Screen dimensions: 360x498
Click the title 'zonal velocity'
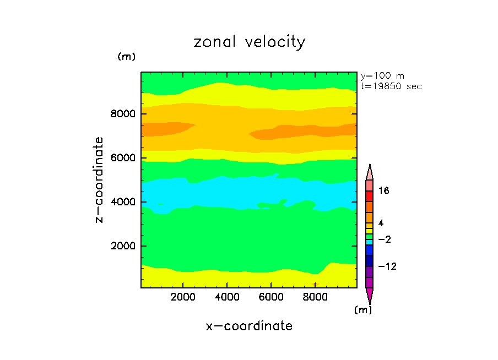point(249,42)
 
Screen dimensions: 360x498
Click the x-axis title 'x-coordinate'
point(249,326)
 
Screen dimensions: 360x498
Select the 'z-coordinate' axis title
point(100,180)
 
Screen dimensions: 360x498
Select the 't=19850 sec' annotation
point(391,86)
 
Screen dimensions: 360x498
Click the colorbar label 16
point(383,190)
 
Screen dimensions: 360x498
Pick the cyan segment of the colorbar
point(369,241)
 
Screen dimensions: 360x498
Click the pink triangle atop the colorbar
point(369,172)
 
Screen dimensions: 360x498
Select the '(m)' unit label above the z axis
point(126,57)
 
